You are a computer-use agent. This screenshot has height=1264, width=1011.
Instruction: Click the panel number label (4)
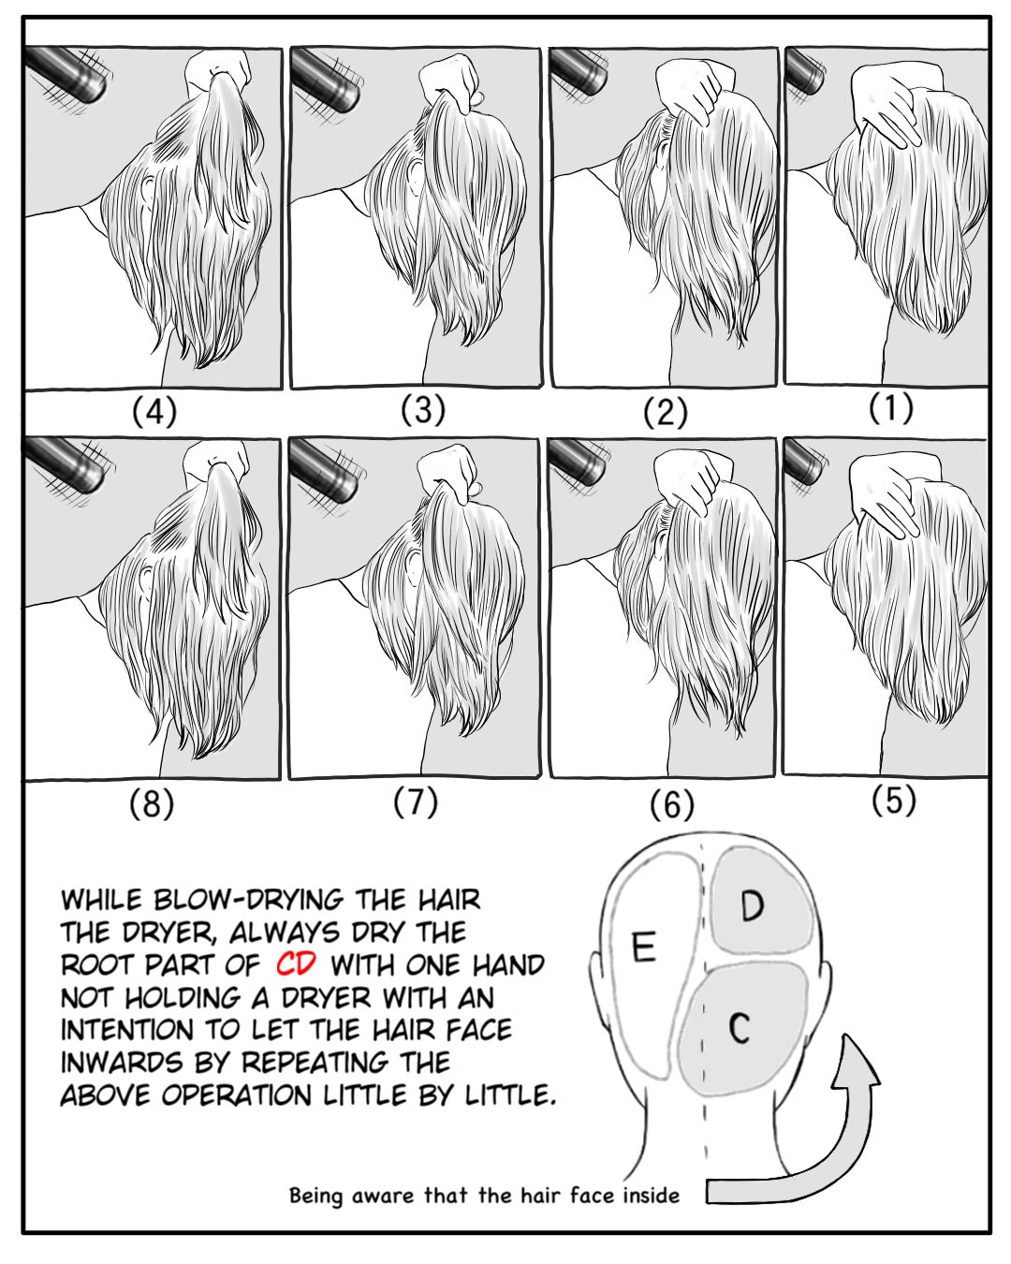(154, 411)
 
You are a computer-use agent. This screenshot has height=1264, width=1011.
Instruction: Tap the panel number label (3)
(423, 409)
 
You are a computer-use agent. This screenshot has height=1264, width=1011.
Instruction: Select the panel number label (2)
(665, 412)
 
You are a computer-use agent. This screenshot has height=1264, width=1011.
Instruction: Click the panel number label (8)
(152, 803)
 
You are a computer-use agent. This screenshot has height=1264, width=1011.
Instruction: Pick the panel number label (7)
(416, 801)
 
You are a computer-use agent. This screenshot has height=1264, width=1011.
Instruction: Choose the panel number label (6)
(672, 804)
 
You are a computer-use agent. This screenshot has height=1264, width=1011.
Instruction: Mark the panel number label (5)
(893, 800)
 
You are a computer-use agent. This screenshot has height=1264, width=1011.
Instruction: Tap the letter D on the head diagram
(752, 905)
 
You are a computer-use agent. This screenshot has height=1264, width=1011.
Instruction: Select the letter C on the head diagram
(739, 1028)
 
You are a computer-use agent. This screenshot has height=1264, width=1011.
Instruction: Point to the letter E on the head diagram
(644, 947)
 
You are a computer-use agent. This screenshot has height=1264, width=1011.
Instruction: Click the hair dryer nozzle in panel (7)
(325, 471)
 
